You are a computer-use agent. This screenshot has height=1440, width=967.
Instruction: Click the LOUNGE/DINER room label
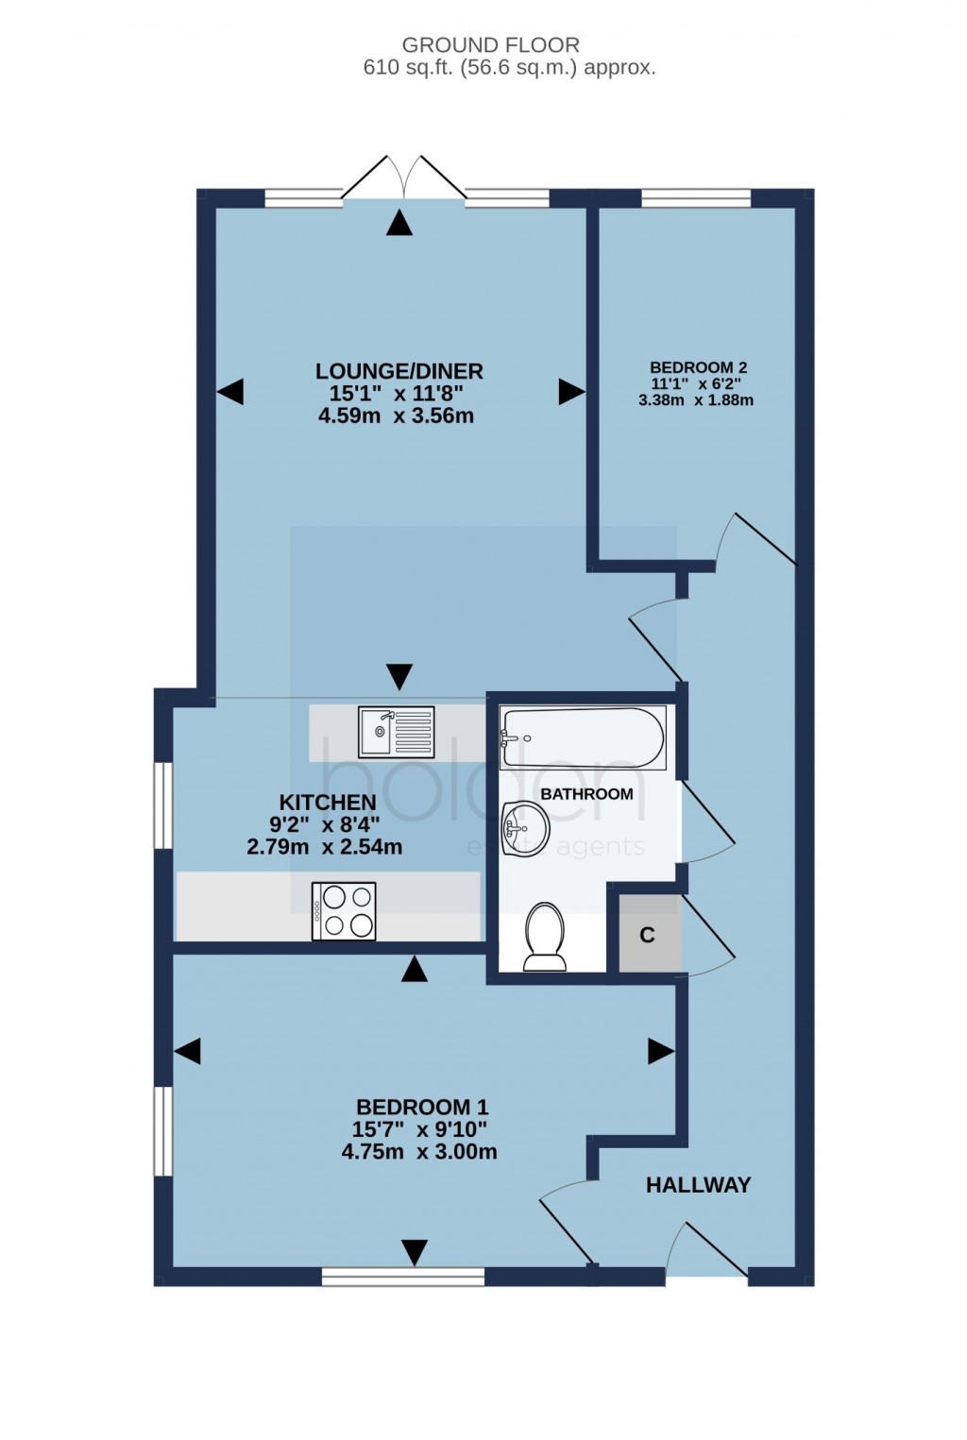(x=399, y=371)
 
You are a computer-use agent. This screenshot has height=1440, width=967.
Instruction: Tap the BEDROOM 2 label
(x=698, y=367)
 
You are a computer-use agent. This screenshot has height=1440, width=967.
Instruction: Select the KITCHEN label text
(x=328, y=803)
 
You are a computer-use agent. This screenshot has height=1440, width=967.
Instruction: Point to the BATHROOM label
(x=586, y=794)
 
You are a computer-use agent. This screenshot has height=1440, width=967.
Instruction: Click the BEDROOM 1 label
(x=421, y=1107)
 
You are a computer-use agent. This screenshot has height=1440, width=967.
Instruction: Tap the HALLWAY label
(x=698, y=1185)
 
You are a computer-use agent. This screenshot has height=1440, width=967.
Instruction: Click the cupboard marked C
(x=649, y=935)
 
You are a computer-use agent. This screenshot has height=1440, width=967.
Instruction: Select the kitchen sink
(x=397, y=732)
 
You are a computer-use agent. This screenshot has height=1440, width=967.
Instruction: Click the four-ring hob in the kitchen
(x=344, y=911)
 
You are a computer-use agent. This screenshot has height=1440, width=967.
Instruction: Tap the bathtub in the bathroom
(x=583, y=737)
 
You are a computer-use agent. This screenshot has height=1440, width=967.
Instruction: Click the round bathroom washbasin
(x=523, y=829)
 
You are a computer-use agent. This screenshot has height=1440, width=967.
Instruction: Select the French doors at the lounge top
(x=403, y=179)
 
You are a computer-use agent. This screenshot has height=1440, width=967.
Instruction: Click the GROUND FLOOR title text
(x=490, y=44)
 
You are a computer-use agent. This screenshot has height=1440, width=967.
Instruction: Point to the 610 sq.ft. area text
(x=509, y=68)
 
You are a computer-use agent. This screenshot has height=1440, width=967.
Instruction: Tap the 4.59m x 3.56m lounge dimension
(x=397, y=415)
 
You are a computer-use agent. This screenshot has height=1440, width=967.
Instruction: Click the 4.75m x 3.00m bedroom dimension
(x=419, y=1152)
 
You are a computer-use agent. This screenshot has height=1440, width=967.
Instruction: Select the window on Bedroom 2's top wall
(x=696, y=198)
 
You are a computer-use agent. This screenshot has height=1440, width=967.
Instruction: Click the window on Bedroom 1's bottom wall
(x=403, y=1277)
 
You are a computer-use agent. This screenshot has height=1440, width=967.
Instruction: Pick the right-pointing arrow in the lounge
(x=571, y=391)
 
